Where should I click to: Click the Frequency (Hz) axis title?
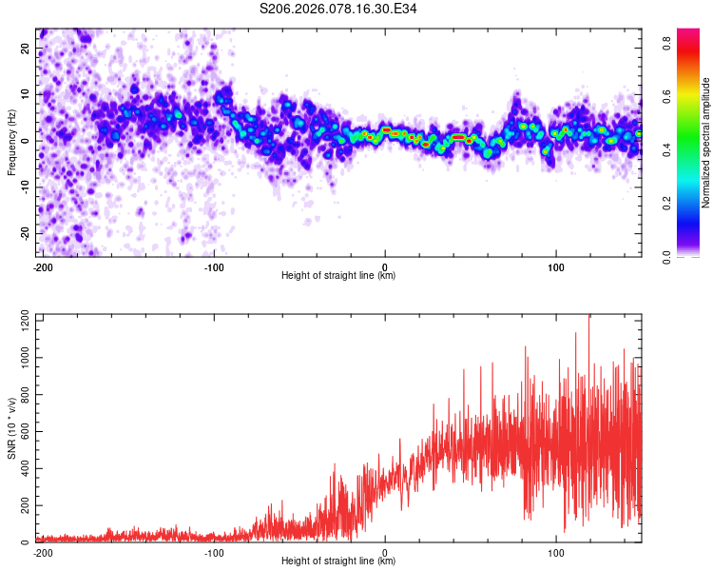point(11,142)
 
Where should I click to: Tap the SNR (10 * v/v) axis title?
point(11,427)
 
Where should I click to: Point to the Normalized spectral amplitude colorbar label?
point(706,142)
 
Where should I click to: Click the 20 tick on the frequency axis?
point(26,49)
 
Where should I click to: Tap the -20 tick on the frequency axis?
point(24,233)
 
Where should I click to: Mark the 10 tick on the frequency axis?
point(26,95)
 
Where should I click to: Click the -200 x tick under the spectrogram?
point(42,266)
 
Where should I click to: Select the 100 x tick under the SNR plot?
point(555,552)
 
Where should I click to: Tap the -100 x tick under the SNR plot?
point(213,552)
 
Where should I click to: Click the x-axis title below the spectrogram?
point(338,276)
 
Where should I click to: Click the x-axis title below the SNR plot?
point(338,561)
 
